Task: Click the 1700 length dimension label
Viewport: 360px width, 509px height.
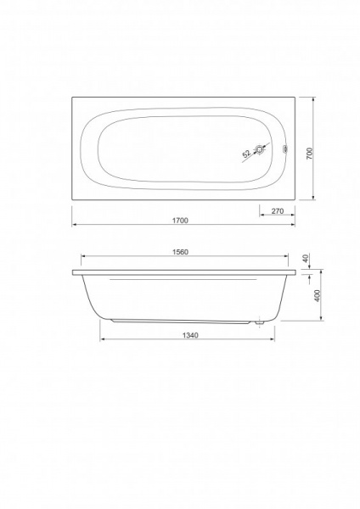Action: (180, 221)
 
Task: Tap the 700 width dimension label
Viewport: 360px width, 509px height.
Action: (310, 154)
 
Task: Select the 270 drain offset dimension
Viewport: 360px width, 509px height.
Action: (278, 211)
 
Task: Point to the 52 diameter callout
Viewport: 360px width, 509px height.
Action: (247, 154)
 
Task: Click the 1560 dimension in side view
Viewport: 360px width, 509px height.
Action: (180, 252)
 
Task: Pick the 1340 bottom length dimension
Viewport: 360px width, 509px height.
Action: (189, 335)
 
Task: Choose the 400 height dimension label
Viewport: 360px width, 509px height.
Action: (318, 295)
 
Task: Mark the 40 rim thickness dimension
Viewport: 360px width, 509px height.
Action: (306, 259)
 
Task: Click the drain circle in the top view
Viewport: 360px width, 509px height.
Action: (260, 149)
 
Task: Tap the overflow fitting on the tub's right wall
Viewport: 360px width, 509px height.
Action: (285, 149)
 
